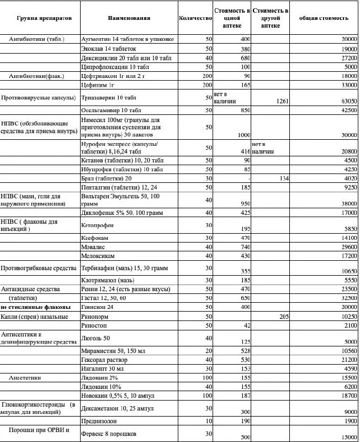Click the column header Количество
click(x=195, y=18)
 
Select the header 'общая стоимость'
click(x=324, y=18)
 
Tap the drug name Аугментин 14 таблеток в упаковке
click(x=128, y=39)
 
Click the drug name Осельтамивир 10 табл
click(x=108, y=110)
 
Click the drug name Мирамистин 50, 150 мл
click(x=109, y=350)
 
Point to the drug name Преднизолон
click(x=100, y=421)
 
